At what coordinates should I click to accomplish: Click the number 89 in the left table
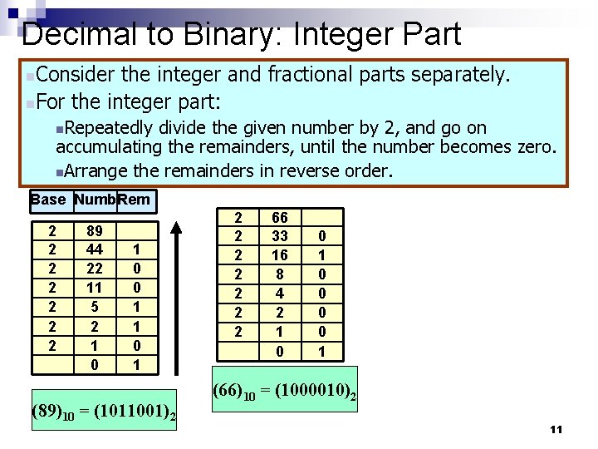point(94,230)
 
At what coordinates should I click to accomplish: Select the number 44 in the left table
point(94,249)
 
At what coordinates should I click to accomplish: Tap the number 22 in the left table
point(94,267)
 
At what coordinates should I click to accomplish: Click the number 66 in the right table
point(280,219)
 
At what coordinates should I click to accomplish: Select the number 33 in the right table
point(280,237)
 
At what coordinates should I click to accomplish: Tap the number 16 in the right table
point(280,255)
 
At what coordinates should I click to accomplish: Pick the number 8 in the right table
point(280,274)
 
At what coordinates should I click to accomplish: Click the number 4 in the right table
point(280,292)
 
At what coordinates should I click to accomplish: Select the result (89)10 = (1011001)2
point(103,411)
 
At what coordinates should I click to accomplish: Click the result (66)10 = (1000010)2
point(284,389)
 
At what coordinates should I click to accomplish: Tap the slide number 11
point(556,429)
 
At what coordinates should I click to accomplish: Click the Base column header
point(48,200)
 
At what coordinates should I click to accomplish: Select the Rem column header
point(135,200)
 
